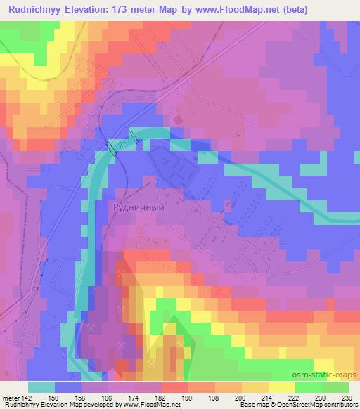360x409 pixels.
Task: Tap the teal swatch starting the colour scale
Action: point(41,387)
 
